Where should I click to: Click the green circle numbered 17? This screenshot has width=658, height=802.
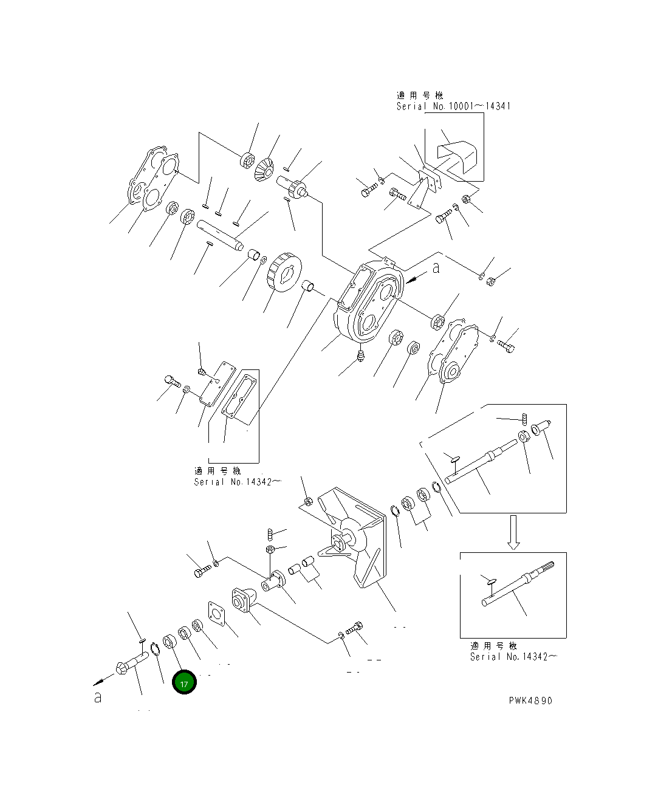184,682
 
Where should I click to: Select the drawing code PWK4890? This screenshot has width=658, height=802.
530,701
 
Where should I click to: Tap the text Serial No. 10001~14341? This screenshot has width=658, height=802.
453,106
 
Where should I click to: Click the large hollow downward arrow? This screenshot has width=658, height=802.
513,532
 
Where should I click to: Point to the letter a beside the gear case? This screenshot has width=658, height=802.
436,268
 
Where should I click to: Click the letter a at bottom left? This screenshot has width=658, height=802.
98,697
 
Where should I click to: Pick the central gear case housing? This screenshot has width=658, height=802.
368,301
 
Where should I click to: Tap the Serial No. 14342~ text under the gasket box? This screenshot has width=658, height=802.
238,482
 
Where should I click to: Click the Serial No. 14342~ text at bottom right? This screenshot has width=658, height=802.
513,656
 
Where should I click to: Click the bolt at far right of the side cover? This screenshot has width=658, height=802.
507,346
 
